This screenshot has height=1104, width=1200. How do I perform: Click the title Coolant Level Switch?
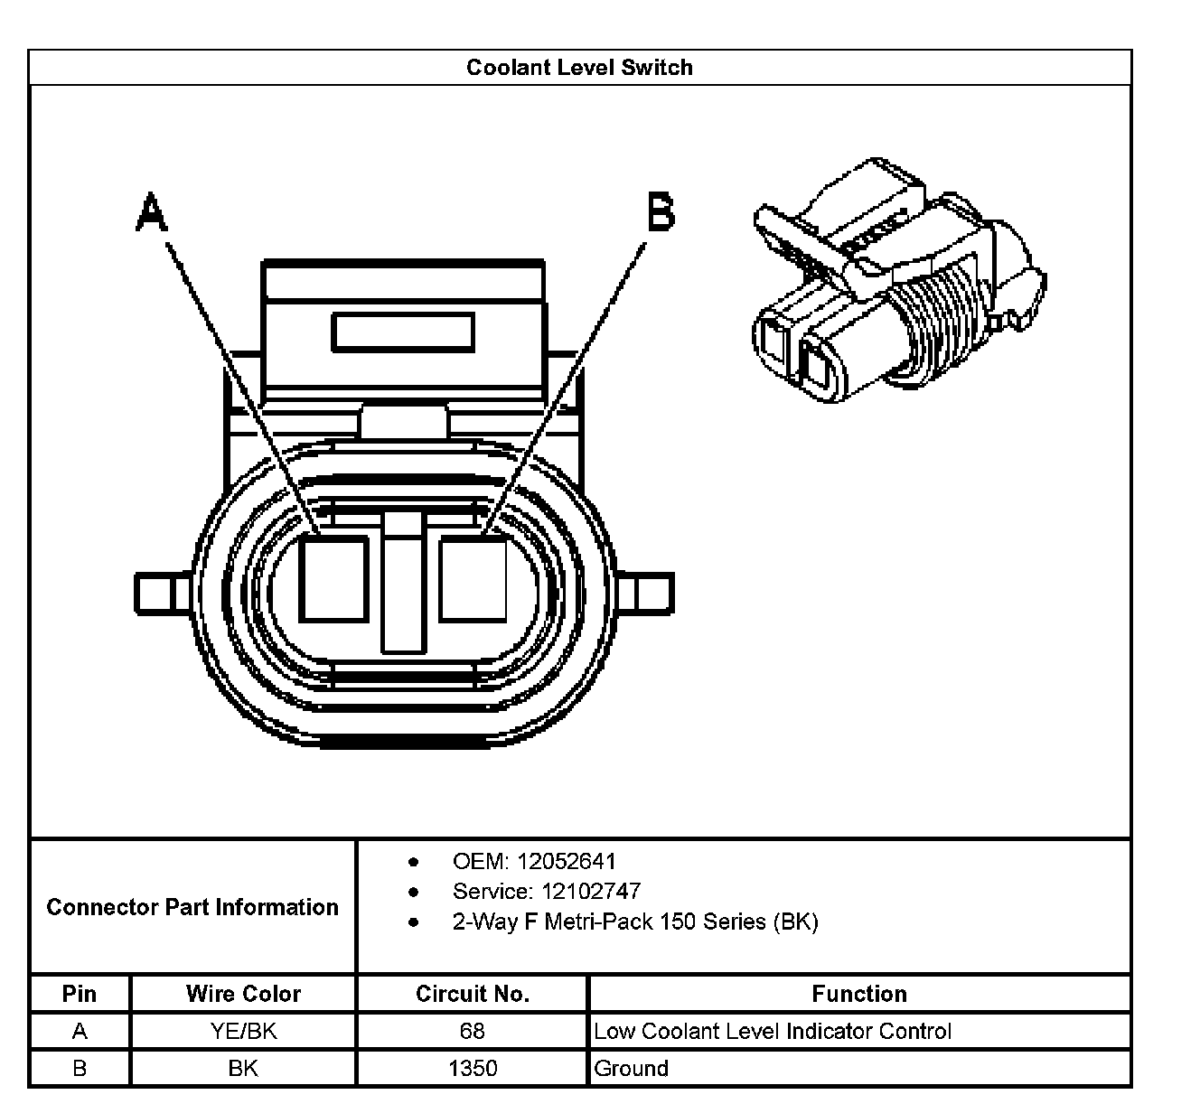point(579,68)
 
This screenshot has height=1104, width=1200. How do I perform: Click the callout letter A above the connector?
point(152,212)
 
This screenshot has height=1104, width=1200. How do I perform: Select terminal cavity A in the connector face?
point(333,578)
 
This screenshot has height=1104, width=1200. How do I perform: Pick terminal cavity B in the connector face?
point(473,578)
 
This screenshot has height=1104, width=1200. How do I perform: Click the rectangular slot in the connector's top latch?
point(403,332)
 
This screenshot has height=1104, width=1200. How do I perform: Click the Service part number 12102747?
point(591,892)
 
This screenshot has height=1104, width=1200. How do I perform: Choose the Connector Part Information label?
point(192,907)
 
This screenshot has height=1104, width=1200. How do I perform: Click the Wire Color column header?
point(243,994)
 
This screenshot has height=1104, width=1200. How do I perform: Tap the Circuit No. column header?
point(473,994)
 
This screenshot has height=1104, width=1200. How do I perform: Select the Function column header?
point(858,994)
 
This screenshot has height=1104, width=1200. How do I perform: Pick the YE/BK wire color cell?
point(243,1031)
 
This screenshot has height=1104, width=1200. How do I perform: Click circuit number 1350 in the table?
point(473,1069)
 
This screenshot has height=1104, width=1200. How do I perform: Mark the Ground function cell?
point(632,1069)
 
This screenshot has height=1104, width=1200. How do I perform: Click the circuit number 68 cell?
point(473,1031)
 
